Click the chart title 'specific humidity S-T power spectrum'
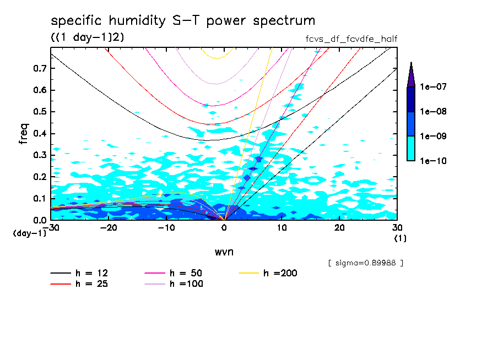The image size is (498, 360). pyautogui.click(x=183, y=21)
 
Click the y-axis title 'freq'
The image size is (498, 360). pyautogui.click(x=23, y=134)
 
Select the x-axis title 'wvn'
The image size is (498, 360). pyautogui.click(x=224, y=252)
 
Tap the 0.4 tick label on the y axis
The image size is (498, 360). pyautogui.click(x=39, y=134)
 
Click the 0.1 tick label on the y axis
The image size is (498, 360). pyautogui.click(x=39, y=198)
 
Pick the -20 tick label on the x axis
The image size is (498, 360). pyautogui.click(x=109, y=228)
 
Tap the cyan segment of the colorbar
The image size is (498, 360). pyautogui.click(x=410, y=148)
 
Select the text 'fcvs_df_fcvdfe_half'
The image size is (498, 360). pyautogui.click(x=351, y=39)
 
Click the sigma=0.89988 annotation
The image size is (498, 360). pyautogui.click(x=365, y=263)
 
